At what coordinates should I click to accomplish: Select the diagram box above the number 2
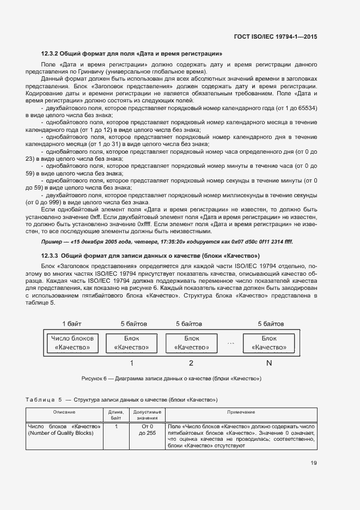click(x=191, y=343)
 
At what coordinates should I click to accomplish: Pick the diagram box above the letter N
click(x=269, y=343)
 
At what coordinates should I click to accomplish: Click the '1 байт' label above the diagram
click(x=72, y=324)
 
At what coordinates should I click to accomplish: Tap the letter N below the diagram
click(x=269, y=362)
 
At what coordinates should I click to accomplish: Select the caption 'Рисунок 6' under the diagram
click(x=95, y=378)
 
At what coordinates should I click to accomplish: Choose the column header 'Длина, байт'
click(x=116, y=415)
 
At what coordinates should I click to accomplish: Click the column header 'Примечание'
click(x=241, y=412)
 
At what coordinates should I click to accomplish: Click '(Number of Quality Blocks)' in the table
click(x=61, y=433)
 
